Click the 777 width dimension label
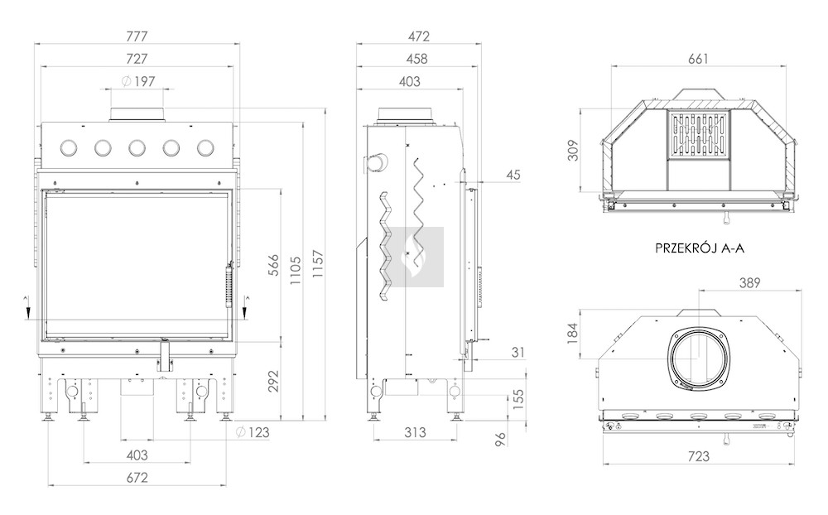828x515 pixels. pos(137,36)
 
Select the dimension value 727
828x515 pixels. pos(137,59)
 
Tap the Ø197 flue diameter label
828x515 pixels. pos(138,81)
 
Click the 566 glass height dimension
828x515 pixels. pos(273,265)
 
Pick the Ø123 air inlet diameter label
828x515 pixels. pos(253,432)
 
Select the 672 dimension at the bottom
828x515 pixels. pos(137,478)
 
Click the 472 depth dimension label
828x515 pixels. pos(419,36)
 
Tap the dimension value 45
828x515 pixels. pos(513,175)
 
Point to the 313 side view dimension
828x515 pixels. pos(415,432)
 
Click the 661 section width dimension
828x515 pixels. pos(698,59)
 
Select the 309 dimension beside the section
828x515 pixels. pos(574,151)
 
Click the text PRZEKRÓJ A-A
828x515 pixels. pos(700,248)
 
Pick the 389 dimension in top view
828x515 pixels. pos(749,283)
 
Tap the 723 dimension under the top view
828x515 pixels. pos(699,456)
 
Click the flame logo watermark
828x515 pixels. pos(417,257)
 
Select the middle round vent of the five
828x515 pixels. pos(137,148)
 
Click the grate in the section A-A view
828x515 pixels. pos(699,135)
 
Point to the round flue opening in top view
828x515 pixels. pos(698,359)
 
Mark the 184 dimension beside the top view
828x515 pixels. pos(574,334)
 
